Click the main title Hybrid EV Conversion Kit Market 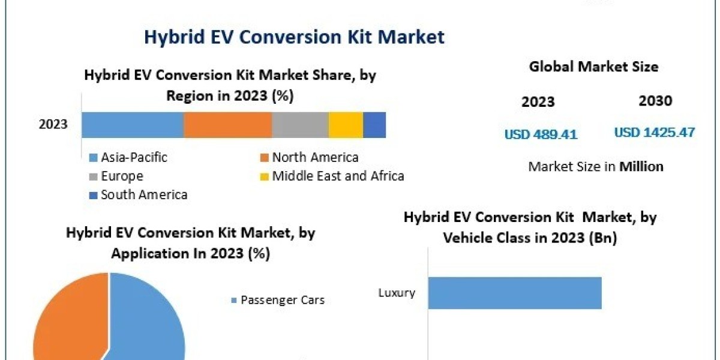(294, 37)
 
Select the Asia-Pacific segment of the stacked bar (133, 125)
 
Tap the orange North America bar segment (227, 125)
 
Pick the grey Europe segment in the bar (300, 125)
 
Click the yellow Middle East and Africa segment (346, 125)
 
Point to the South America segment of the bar (374, 125)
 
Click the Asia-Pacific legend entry (134, 158)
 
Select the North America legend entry (315, 158)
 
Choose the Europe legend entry (122, 176)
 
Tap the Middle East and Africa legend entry (338, 176)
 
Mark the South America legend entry (144, 194)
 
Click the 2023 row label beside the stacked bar (53, 125)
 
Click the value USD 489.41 (541, 134)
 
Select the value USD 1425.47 (655, 133)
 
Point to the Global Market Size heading (593, 67)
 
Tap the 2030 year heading (655, 101)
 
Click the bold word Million (641, 167)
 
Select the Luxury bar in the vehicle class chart (514, 293)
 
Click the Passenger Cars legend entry (282, 300)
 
